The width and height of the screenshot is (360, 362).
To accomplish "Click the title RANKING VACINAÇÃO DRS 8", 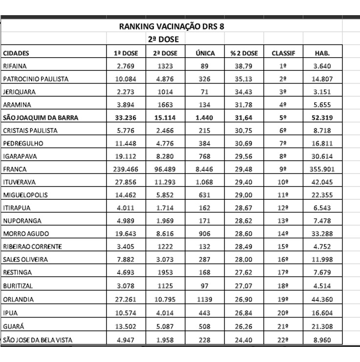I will coord(172,26).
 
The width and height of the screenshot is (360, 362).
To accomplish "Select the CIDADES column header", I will coord(16,53).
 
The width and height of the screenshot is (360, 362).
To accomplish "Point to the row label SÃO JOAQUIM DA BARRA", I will coord(41,117).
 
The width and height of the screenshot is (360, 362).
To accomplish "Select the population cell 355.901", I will coord(322,169).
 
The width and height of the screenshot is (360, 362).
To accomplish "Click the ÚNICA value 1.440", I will coord(205,117).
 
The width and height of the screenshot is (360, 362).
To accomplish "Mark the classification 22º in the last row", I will coord(283,341).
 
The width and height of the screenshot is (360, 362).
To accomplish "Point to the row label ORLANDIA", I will coord(18,298).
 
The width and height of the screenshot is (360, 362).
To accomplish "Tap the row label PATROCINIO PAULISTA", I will coord(36,79).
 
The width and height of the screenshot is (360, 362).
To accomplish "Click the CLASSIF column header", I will coord(283,53).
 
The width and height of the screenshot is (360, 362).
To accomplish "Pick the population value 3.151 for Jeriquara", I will coord(322,91).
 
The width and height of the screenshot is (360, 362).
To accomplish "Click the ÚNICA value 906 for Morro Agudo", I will coord(205,234).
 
